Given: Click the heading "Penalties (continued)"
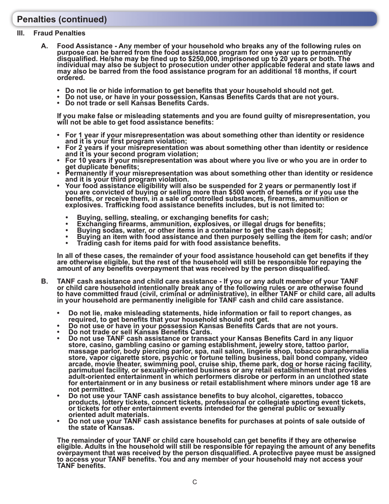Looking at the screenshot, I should point(62,19).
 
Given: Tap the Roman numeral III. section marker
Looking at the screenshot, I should point(21,33).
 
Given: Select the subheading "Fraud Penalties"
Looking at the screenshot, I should point(59,33).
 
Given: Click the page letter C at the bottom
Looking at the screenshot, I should point(195,482).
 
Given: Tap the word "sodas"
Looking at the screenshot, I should point(107,230).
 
